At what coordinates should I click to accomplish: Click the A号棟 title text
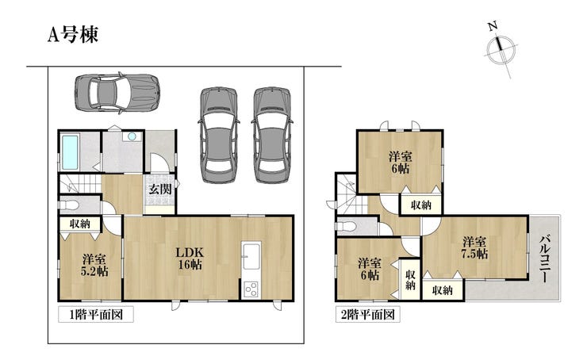(x=73, y=35)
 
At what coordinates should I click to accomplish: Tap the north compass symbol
(x=501, y=48)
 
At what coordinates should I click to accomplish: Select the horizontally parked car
(x=117, y=93)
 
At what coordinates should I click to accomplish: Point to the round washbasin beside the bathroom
(x=132, y=136)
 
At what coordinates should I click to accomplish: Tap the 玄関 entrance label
(x=160, y=189)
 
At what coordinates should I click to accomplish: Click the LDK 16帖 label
(x=190, y=259)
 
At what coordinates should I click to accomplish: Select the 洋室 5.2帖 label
(x=94, y=265)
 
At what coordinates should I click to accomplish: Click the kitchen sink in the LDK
(x=251, y=256)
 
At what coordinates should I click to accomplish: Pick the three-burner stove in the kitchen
(x=251, y=289)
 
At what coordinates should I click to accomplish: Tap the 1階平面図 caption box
(x=96, y=314)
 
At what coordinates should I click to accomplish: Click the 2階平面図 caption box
(x=367, y=314)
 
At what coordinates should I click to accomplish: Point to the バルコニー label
(x=545, y=259)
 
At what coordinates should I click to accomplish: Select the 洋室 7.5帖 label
(x=474, y=247)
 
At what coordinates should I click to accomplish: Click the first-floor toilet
(x=69, y=205)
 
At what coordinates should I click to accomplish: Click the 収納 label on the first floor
(x=80, y=224)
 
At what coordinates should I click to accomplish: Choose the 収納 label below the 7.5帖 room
(x=443, y=290)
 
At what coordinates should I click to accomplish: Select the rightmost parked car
(x=272, y=135)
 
